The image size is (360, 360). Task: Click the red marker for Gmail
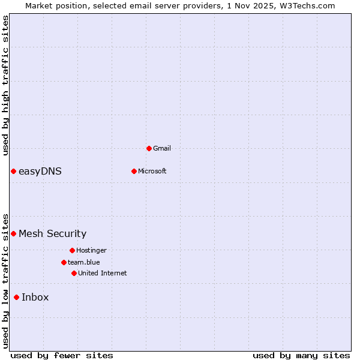tap(149, 148)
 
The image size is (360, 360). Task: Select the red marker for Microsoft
tap(134, 171)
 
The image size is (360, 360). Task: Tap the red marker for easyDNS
tap(13, 172)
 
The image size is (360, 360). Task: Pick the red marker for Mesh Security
tap(13, 233)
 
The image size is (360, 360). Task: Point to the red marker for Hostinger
tap(72, 250)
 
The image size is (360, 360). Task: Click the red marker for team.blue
tap(64, 262)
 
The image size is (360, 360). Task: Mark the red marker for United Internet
tap(74, 273)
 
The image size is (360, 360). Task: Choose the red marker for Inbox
tap(16, 297)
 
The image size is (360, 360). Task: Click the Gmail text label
tap(162, 148)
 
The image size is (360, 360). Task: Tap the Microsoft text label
tap(152, 171)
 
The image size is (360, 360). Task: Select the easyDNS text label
tap(40, 172)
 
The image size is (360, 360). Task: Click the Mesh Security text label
tap(53, 233)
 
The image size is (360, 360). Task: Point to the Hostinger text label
tap(91, 250)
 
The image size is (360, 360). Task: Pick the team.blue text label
tap(84, 262)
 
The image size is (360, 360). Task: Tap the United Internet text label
tap(103, 273)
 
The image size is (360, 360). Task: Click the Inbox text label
tap(35, 297)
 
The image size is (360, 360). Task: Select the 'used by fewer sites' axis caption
tap(62, 355)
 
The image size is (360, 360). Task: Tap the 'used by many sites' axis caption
tap(301, 355)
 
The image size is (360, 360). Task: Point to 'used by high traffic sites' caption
tap(5, 85)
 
